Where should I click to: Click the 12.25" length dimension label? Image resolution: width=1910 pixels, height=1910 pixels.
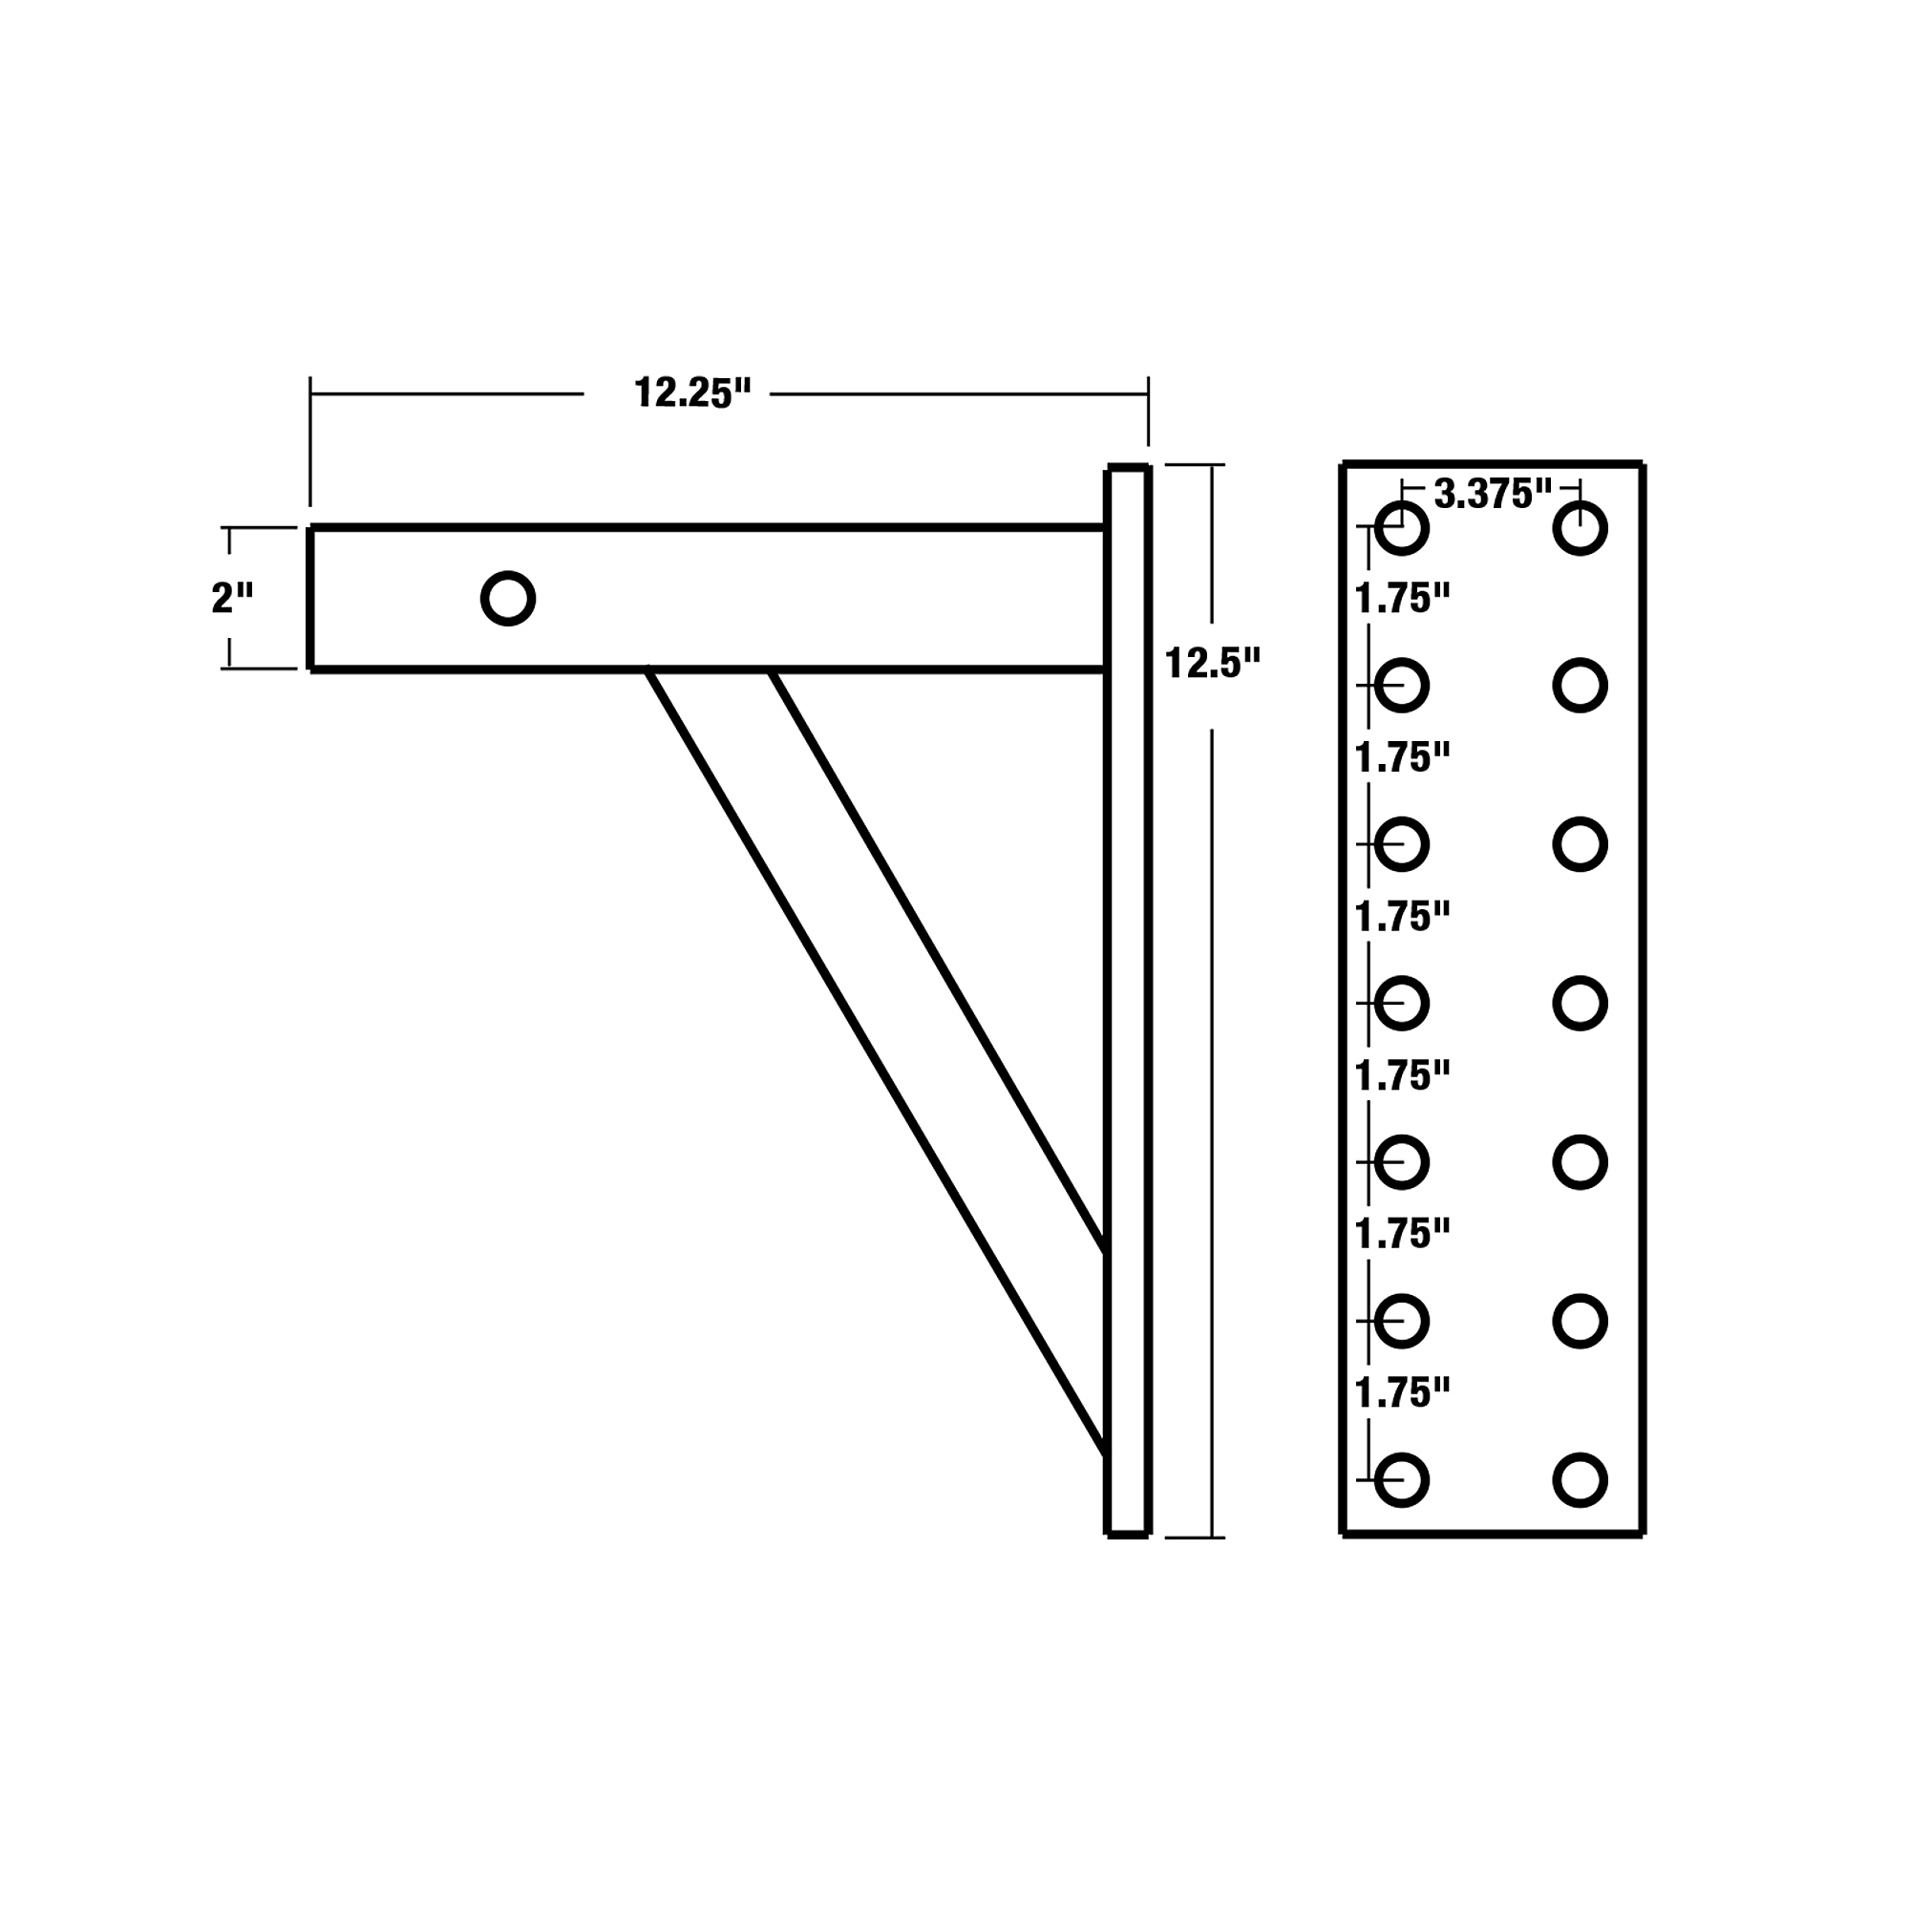692,393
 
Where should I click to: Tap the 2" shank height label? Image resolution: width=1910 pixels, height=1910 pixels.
232,597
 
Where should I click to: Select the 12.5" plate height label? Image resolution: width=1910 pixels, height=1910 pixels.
1213,663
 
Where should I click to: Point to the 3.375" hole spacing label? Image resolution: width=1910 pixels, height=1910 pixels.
1493,494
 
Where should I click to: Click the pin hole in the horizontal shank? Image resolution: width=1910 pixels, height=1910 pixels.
508,598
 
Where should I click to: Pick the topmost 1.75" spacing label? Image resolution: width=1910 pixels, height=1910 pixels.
1402,598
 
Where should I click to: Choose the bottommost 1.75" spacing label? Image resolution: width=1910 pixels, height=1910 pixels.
1402,1393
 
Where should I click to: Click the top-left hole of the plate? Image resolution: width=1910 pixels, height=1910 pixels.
1402,528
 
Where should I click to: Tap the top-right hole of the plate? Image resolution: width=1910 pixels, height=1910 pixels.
1580,528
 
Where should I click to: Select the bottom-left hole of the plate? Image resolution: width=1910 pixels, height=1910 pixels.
1402,1480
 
